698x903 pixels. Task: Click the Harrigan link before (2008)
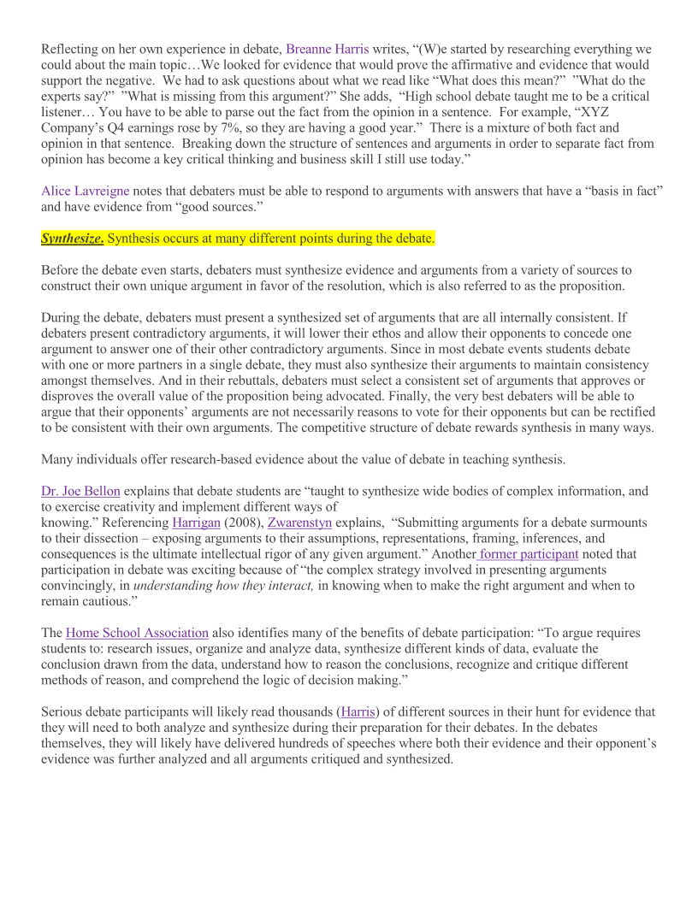click(196, 522)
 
